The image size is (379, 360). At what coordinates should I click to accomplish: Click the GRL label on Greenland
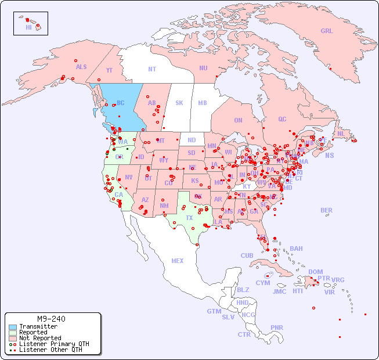point(327,31)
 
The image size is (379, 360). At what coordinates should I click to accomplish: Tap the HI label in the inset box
point(28,27)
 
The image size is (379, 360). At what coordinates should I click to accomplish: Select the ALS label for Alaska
point(81,67)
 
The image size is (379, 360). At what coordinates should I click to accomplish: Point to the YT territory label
point(109,70)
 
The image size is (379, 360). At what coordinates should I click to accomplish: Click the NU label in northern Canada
point(203,68)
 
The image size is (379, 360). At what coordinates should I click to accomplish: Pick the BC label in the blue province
point(121,103)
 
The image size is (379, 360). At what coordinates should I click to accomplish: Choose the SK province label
point(179,103)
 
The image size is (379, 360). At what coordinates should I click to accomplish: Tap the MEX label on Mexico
point(178,261)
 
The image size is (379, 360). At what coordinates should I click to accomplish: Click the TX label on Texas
point(189,218)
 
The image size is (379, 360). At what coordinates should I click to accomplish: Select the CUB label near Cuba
point(247,255)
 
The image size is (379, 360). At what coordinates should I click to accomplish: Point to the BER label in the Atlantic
point(326,210)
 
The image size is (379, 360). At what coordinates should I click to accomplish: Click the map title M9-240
point(51,319)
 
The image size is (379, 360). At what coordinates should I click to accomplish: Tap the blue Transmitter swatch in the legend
point(12,327)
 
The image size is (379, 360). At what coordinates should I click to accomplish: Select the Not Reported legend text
point(40,338)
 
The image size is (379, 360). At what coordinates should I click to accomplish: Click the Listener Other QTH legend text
point(50,350)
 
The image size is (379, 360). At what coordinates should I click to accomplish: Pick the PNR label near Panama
point(277,327)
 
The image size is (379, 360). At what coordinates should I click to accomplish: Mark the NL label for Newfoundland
point(341,134)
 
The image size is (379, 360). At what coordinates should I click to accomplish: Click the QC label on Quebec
point(282,119)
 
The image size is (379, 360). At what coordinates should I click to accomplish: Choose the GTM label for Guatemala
point(214,311)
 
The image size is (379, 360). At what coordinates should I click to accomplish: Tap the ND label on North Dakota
point(192,140)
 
